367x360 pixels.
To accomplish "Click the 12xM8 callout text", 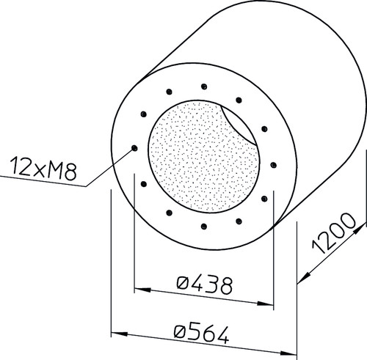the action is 43,169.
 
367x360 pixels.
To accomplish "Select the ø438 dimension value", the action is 204,285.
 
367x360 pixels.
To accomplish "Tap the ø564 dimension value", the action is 201,334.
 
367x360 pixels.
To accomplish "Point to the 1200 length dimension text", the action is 333,233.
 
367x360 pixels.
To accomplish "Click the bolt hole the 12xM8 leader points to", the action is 134,148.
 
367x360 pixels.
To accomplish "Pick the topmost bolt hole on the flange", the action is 204,87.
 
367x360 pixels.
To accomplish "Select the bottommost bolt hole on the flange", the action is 204,227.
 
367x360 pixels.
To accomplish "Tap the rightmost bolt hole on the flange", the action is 274,165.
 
